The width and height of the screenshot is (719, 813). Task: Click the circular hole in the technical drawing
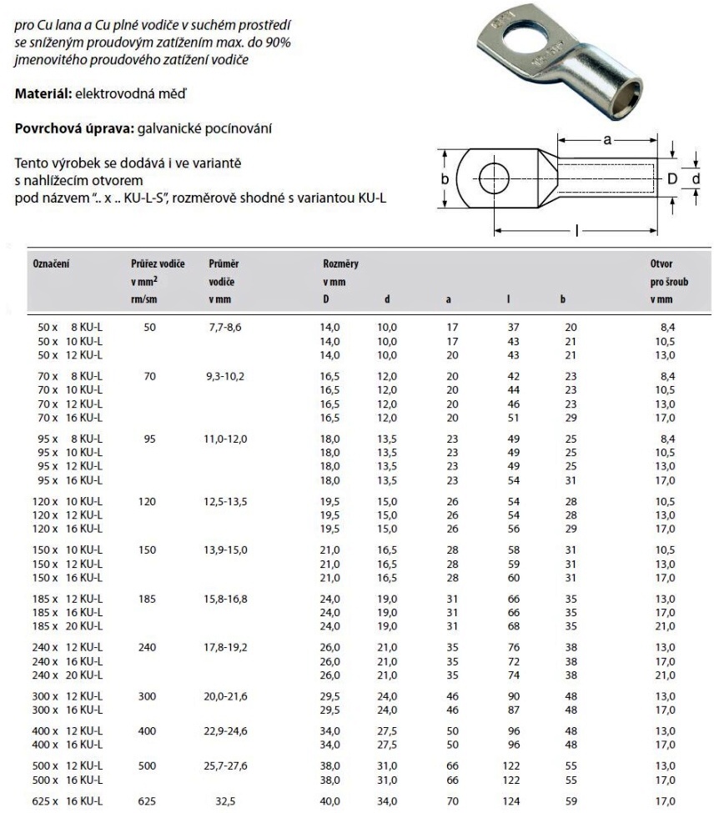[494, 178]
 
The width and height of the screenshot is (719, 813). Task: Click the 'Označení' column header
[50, 263]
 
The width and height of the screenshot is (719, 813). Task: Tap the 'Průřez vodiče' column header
[151, 263]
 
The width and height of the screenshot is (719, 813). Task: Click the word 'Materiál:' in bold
[43, 93]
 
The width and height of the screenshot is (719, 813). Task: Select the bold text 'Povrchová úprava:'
[68, 128]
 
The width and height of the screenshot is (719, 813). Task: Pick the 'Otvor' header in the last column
[661, 263]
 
